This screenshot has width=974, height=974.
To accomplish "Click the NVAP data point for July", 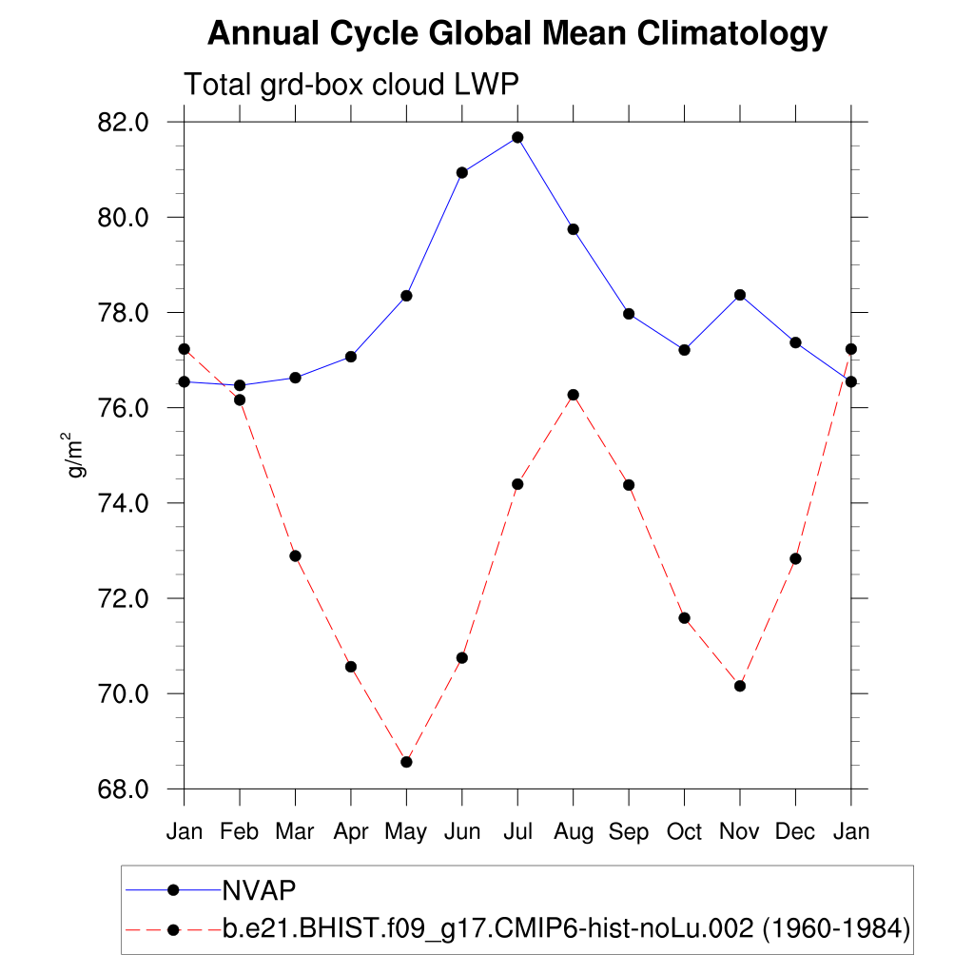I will point(517,137).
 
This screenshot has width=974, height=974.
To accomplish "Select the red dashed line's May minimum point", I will point(406,762).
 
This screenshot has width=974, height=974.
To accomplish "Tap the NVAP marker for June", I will point(462,172).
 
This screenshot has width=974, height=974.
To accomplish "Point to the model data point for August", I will point(573,395).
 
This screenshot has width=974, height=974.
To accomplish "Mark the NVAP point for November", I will point(739,295).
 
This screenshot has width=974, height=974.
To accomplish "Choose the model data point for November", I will point(739,686).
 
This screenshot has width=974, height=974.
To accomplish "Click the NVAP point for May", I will point(406,296).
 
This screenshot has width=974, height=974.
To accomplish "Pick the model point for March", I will point(295,555).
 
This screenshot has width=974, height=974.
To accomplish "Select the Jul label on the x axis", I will point(517,832).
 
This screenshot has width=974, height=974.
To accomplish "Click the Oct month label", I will point(684,832).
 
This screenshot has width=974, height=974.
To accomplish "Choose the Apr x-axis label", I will point(351,832).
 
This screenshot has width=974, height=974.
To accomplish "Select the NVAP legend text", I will point(260,889).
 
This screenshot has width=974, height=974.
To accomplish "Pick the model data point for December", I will point(795,558).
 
